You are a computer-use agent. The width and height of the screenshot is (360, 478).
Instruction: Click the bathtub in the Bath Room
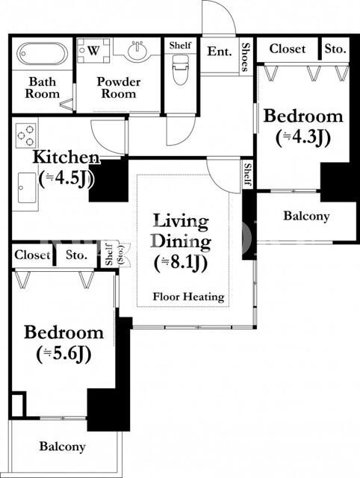(43, 54)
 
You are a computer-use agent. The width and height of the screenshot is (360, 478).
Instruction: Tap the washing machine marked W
(93, 50)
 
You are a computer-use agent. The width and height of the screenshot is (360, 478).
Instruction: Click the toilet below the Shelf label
(181, 69)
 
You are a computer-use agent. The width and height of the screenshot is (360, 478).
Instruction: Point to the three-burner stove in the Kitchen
(25, 135)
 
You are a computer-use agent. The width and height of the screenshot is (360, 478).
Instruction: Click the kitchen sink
(27, 187)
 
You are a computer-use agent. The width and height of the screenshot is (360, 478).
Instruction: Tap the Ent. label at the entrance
(220, 52)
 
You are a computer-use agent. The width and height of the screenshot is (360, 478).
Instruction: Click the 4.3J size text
(303, 139)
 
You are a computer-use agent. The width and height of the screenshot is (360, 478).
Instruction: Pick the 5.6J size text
(63, 355)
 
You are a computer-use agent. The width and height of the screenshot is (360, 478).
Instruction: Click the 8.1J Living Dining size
(181, 263)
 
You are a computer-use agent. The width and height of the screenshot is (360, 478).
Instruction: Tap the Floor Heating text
(189, 297)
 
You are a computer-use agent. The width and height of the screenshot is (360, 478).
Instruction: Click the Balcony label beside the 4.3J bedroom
(306, 216)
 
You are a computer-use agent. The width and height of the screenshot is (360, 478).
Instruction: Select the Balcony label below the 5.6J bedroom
(62, 447)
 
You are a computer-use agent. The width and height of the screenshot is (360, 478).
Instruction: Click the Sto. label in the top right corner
(335, 49)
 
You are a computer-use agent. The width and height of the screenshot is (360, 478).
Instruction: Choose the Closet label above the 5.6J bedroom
(32, 255)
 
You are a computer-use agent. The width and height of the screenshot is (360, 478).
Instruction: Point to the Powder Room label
(118, 88)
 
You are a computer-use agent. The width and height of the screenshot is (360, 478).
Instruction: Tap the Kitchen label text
(66, 158)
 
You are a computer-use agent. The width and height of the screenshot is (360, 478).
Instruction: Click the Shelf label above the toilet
(181, 46)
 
